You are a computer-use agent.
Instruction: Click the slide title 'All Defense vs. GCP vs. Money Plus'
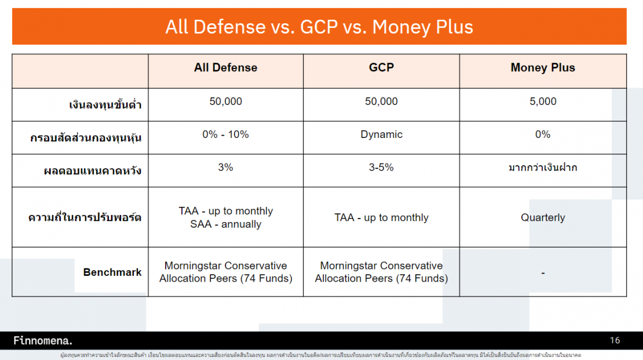click(x=319, y=27)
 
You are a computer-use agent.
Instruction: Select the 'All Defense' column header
click(x=225, y=68)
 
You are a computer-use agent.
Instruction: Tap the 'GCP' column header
click(x=381, y=68)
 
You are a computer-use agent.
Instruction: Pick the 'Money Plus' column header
click(x=543, y=68)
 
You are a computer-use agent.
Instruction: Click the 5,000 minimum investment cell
click(x=543, y=101)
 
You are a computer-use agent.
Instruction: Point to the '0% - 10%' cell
click(x=225, y=134)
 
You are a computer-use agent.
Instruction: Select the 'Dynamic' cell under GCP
click(x=381, y=134)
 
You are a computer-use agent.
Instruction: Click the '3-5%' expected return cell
click(x=381, y=168)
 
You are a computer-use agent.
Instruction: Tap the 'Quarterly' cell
click(x=543, y=218)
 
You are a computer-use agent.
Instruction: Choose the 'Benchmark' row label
click(x=112, y=272)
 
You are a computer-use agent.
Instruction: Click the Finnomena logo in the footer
click(x=43, y=340)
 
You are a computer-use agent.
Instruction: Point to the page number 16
click(x=615, y=340)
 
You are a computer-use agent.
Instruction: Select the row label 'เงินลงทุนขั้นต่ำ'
click(x=105, y=106)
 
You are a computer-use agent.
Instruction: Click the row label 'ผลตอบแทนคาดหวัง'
click(x=93, y=172)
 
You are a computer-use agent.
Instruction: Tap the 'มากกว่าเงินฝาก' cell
click(x=543, y=168)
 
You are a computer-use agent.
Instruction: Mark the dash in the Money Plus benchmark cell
click(x=543, y=272)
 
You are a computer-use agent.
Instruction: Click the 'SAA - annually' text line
click(x=225, y=224)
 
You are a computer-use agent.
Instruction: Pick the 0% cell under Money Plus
click(x=543, y=134)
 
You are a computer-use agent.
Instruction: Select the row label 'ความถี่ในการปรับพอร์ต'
click(x=85, y=219)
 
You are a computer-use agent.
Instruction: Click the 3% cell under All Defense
click(x=225, y=168)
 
